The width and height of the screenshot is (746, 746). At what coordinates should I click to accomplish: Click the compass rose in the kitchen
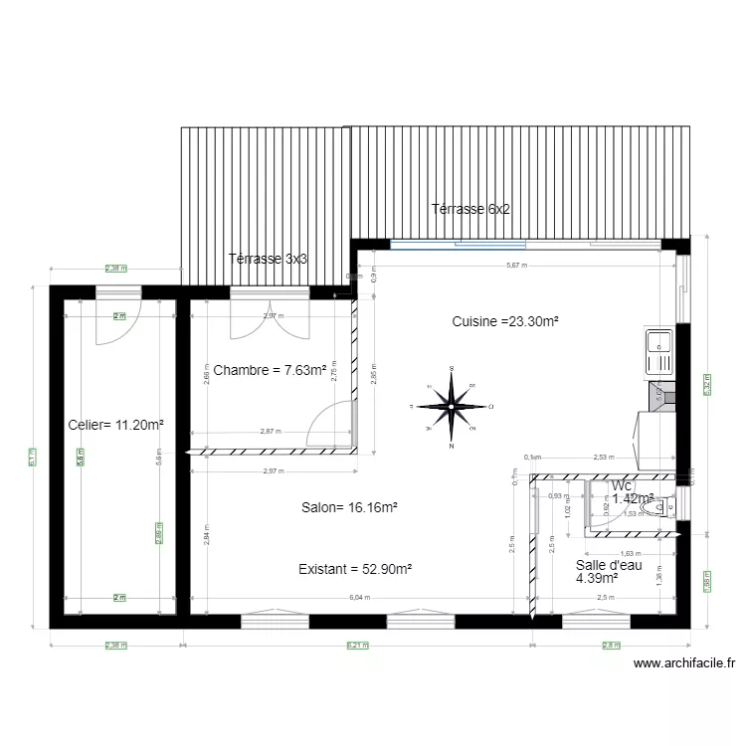[x=452, y=406]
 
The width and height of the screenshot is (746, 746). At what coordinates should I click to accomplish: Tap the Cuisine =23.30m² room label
[x=504, y=321]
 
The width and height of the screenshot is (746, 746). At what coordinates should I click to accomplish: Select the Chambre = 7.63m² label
[x=270, y=370]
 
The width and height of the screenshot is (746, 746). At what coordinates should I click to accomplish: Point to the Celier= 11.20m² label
[x=115, y=425]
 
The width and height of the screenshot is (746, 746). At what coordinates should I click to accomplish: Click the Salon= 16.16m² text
[x=349, y=507]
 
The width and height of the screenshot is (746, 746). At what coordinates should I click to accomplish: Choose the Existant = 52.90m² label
[x=355, y=570]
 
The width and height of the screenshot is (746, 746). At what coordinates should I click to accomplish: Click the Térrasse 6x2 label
[x=470, y=209]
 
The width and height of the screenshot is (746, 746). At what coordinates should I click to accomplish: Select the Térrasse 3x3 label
[x=268, y=258]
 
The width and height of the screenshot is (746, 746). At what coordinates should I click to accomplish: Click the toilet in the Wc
[x=655, y=508]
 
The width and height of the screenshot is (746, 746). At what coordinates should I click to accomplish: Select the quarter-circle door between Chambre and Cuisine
[x=331, y=424]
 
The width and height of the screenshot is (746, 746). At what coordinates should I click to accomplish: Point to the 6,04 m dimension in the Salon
[x=359, y=598]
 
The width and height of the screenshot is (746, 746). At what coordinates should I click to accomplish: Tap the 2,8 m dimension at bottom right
[x=610, y=645]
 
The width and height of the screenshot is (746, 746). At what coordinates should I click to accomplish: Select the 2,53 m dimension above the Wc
[x=603, y=458]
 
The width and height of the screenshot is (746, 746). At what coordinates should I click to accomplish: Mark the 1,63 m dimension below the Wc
[x=630, y=553]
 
